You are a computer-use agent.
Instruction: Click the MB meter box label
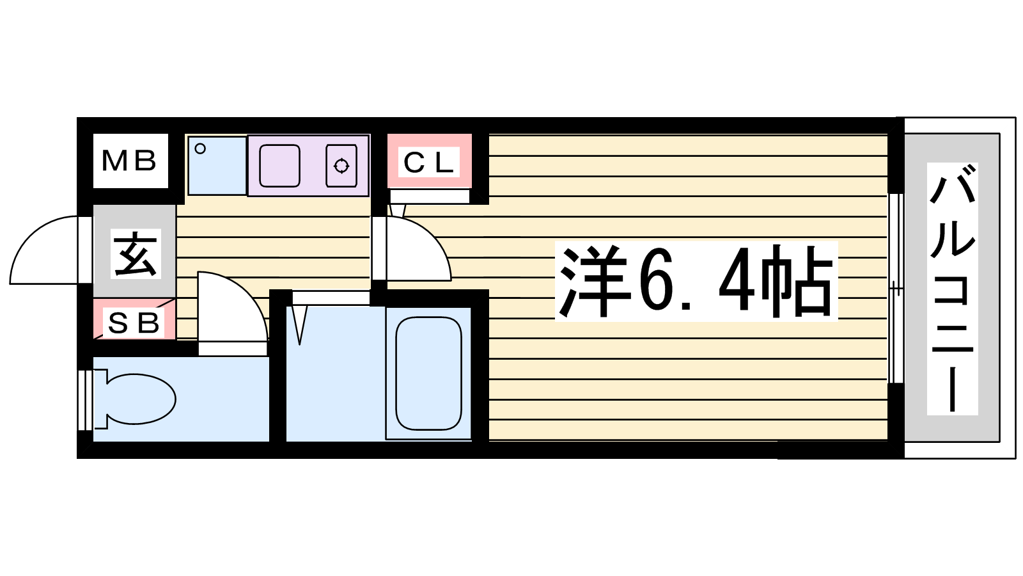(x=129, y=161)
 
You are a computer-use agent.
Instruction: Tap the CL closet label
(x=428, y=162)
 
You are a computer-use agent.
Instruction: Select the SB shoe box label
(x=134, y=323)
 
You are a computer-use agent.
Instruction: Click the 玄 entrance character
(x=136, y=253)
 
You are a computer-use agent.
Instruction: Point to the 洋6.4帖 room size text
(x=696, y=281)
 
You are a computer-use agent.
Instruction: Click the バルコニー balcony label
(x=952, y=289)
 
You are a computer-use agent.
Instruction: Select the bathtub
(x=428, y=373)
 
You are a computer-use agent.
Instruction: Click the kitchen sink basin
(x=279, y=166)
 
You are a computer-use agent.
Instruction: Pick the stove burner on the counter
(x=341, y=166)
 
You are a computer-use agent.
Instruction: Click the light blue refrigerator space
(x=217, y=165)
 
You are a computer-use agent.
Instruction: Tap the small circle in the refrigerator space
(x=200, y=148)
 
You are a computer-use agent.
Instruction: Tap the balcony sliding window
(x=896, y=289)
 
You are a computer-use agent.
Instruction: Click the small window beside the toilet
(x=85, y=400)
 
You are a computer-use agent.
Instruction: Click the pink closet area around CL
(x=429, y=161)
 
